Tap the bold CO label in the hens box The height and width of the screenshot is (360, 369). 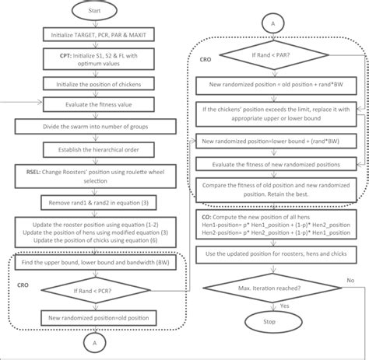tap(205, 218)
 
